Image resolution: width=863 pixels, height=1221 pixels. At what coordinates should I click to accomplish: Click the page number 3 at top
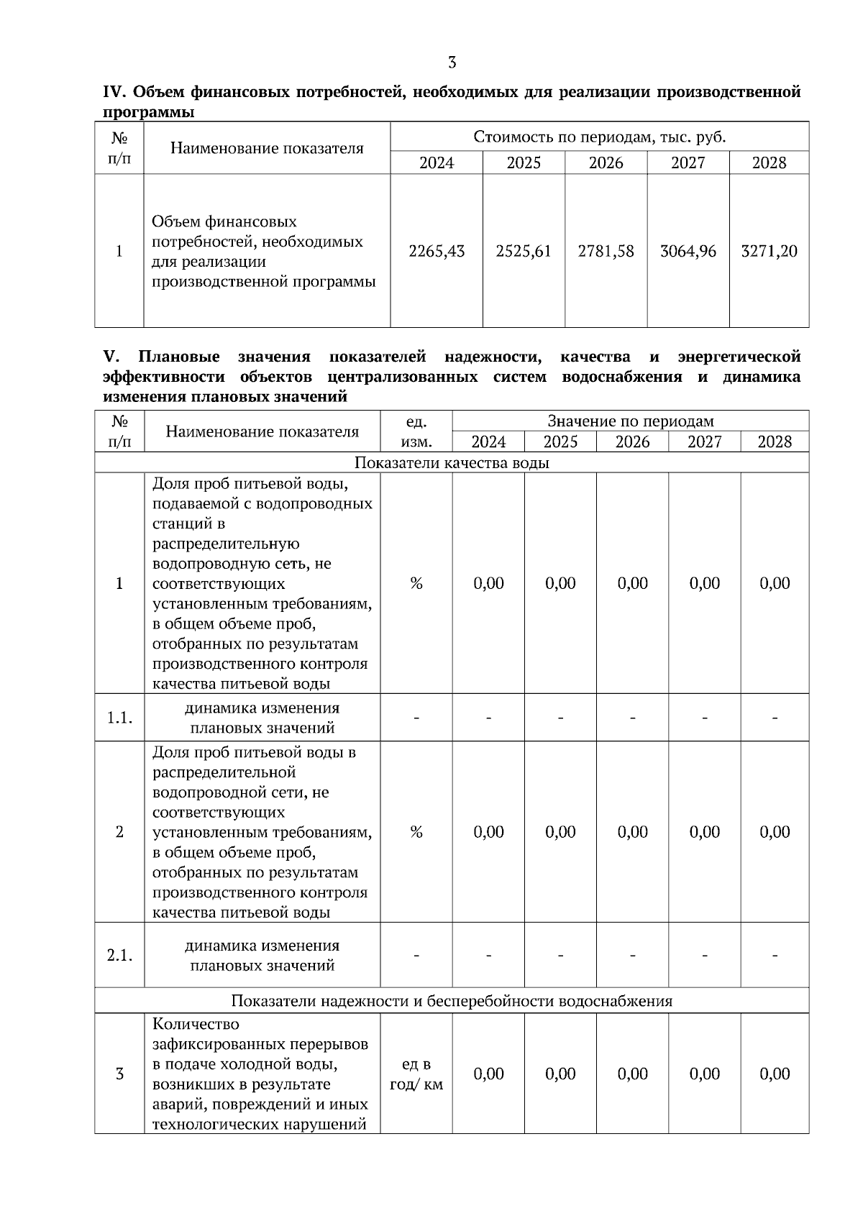(452, 63)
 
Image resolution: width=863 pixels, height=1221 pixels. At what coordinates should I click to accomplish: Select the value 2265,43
(437, 251)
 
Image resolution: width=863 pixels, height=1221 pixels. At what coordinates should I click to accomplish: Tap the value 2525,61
(524, 251)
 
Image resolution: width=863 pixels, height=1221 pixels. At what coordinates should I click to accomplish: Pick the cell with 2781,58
(606, 251)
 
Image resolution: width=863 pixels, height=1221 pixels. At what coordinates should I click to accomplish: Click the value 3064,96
(688, 251)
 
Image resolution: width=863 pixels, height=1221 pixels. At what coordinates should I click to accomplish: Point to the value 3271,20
(769, 251)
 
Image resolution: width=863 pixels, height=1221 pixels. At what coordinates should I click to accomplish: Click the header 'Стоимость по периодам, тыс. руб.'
(599, 137)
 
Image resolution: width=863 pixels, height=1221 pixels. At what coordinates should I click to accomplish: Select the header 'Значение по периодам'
(630, 421)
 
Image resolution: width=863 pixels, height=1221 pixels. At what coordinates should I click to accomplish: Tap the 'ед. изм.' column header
(416, 431)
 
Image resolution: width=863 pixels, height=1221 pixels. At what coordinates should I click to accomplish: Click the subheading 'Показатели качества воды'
(452, 463)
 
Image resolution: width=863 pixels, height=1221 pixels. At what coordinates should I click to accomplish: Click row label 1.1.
(119, 718)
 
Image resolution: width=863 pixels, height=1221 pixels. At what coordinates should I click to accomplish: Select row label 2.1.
(119, 956)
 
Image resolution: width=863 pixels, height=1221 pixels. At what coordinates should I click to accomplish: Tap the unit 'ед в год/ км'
(416, 1074)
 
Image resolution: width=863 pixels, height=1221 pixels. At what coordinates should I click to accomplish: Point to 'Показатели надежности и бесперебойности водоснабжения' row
(452, 1001)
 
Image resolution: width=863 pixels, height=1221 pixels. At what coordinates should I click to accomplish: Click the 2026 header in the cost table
(606, 163)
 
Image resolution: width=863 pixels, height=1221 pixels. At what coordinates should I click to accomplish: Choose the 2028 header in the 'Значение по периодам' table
(775, 442)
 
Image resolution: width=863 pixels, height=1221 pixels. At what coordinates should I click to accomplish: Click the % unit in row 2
(416, 832)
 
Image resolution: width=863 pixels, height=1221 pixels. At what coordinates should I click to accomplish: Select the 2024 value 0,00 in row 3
(488, 1074)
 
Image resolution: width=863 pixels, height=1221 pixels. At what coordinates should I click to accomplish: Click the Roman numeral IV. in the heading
(115, 92)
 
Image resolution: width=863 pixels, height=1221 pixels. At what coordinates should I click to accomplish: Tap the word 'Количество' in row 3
(196, 1024)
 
